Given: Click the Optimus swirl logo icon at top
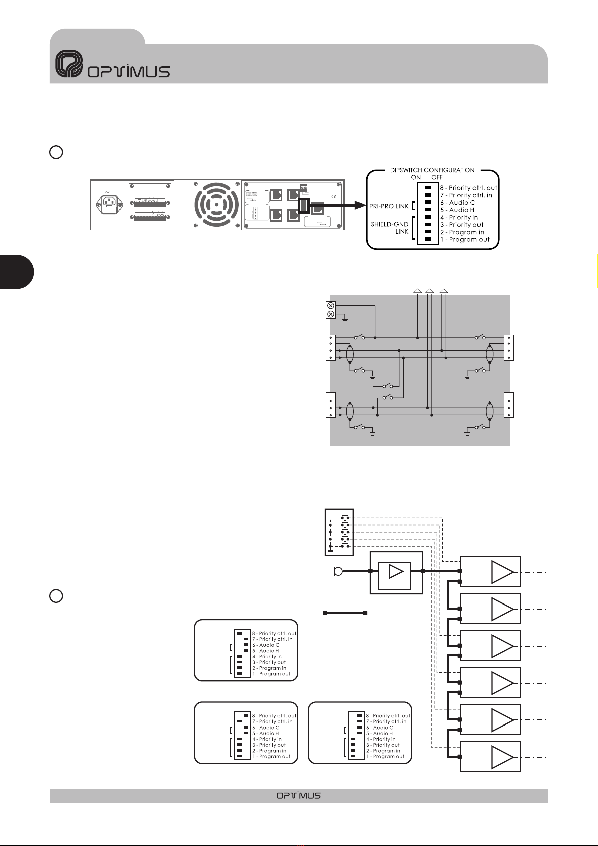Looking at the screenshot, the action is [68, 64].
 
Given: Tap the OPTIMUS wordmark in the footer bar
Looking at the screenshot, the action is [298, 795].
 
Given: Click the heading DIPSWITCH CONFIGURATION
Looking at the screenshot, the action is [432, 170].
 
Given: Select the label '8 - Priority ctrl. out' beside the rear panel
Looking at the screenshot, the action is [468, 188].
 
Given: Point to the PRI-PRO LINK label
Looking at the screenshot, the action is [389, 206].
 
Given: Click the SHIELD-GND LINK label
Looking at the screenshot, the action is [390, 228].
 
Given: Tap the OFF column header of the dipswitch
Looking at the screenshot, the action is [437, 177].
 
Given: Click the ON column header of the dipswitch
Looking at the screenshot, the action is [416, 177].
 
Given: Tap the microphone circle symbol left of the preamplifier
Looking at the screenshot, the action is [339, 571].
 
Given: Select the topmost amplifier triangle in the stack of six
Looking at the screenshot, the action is [502, 571].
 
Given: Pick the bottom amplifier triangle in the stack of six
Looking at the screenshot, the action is [502, 757].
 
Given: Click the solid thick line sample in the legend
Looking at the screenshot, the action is [345, 613].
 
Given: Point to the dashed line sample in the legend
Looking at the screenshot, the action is [344, 629].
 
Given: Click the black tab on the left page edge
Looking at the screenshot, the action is [16, 272].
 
